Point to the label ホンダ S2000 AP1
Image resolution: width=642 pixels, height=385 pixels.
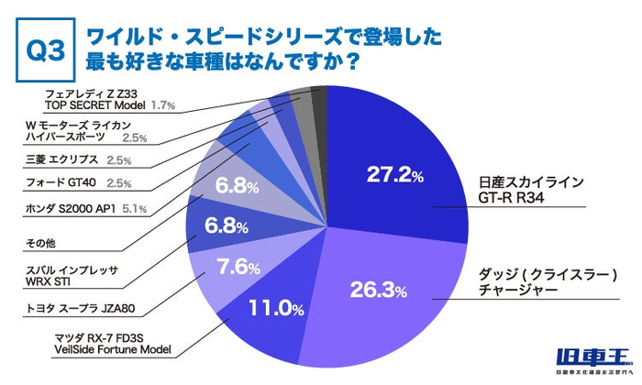click(68, 210)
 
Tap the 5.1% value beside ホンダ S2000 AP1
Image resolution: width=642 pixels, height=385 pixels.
click(134, 210)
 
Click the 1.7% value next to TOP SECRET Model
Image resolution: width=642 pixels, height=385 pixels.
click(164, 105)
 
